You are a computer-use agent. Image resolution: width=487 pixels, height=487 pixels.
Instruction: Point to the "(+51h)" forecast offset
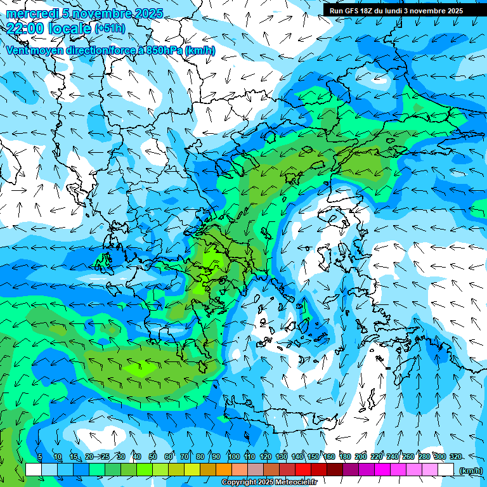coord(109,28)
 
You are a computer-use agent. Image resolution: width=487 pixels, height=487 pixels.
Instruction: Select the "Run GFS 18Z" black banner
coord(396,11)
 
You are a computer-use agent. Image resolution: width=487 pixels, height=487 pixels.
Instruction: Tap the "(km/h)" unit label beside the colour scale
coord(470,470)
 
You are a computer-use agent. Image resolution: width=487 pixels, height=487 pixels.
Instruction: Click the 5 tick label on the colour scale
coord(39,457)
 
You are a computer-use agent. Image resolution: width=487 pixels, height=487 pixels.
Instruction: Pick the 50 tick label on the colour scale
coord(153,457)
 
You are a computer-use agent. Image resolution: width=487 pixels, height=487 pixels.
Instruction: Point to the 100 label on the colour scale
coord(233,457)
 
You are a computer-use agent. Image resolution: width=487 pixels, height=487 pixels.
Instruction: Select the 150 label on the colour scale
coord(313,457)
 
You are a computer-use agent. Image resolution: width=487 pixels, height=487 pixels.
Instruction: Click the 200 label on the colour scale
coord(361,457)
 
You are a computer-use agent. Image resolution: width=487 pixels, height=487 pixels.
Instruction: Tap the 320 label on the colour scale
coord(456,457)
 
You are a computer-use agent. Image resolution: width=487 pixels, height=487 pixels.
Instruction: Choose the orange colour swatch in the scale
coord(223,469)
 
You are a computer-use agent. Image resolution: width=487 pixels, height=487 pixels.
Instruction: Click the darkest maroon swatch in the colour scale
coord(335,469)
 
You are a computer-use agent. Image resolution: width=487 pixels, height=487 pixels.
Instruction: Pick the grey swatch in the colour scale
coord(255,469)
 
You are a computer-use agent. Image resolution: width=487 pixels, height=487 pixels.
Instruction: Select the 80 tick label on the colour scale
coord(200,457)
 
